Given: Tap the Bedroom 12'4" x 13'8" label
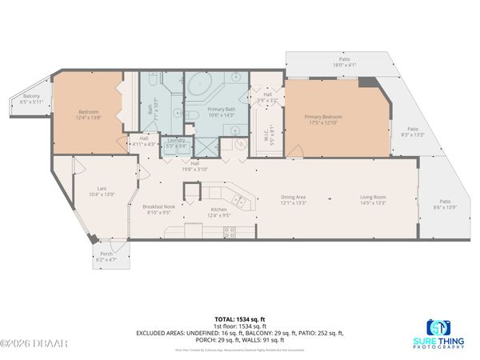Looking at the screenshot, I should tap(89, 114).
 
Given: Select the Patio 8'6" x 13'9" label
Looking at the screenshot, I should tap(444, 204).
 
